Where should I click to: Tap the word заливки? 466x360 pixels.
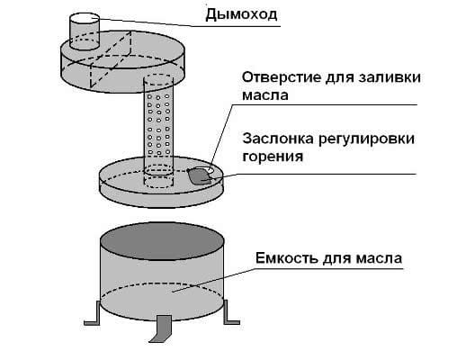point(392,78)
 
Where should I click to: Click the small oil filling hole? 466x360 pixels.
point(207,166)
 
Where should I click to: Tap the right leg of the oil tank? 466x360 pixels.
point(232,312)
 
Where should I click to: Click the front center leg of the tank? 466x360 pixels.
point(159,328)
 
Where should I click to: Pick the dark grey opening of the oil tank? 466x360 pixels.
point(161,240)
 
